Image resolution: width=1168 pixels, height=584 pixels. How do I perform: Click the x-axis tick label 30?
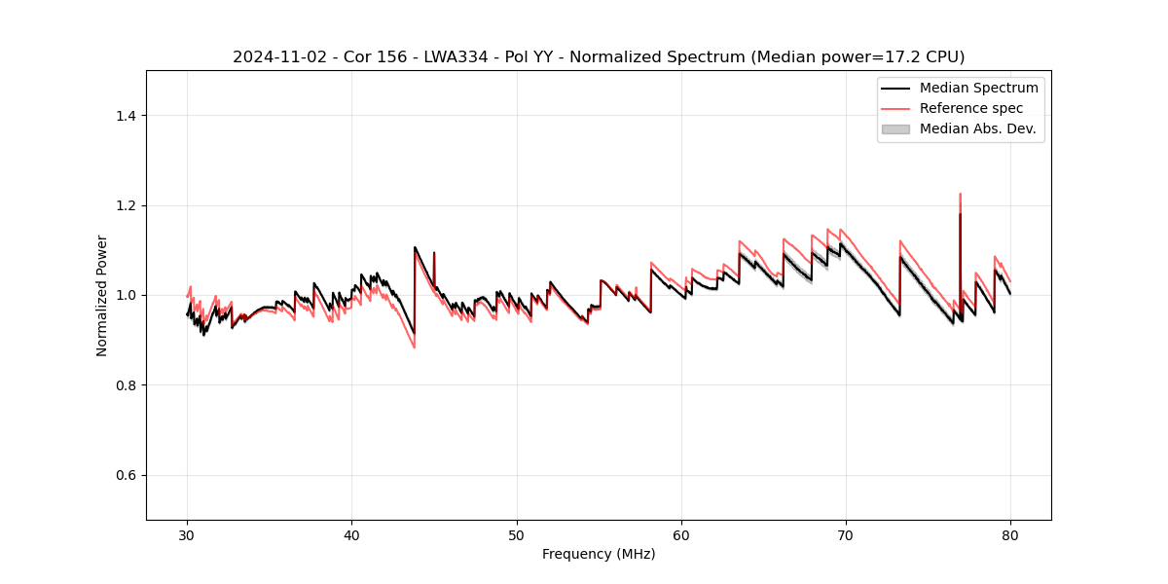click(188, 534)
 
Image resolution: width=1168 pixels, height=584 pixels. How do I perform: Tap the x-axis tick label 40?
click(352, 534)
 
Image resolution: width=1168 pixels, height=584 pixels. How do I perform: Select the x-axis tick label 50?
click(517, 534)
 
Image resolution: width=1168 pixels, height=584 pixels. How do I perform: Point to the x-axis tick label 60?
click(681, 534)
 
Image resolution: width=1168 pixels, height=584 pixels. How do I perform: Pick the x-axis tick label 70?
click(846, 534)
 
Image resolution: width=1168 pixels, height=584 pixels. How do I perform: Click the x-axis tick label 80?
click(1010, 534)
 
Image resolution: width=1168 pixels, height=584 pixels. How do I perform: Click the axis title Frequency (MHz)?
click(599, 554)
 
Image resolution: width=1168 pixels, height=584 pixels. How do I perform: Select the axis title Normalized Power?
click(102, 295)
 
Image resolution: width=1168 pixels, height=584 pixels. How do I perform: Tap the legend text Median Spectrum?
click(978, 88)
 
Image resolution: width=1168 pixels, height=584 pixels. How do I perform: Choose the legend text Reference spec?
click(971, 108)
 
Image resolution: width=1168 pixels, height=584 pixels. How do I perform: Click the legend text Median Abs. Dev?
click(978, 128)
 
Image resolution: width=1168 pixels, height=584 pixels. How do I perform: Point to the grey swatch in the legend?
click(895, 128)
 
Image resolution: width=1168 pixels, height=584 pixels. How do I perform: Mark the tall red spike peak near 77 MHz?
click(960, 195)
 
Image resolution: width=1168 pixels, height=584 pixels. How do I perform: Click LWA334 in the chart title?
click(456, 57)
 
